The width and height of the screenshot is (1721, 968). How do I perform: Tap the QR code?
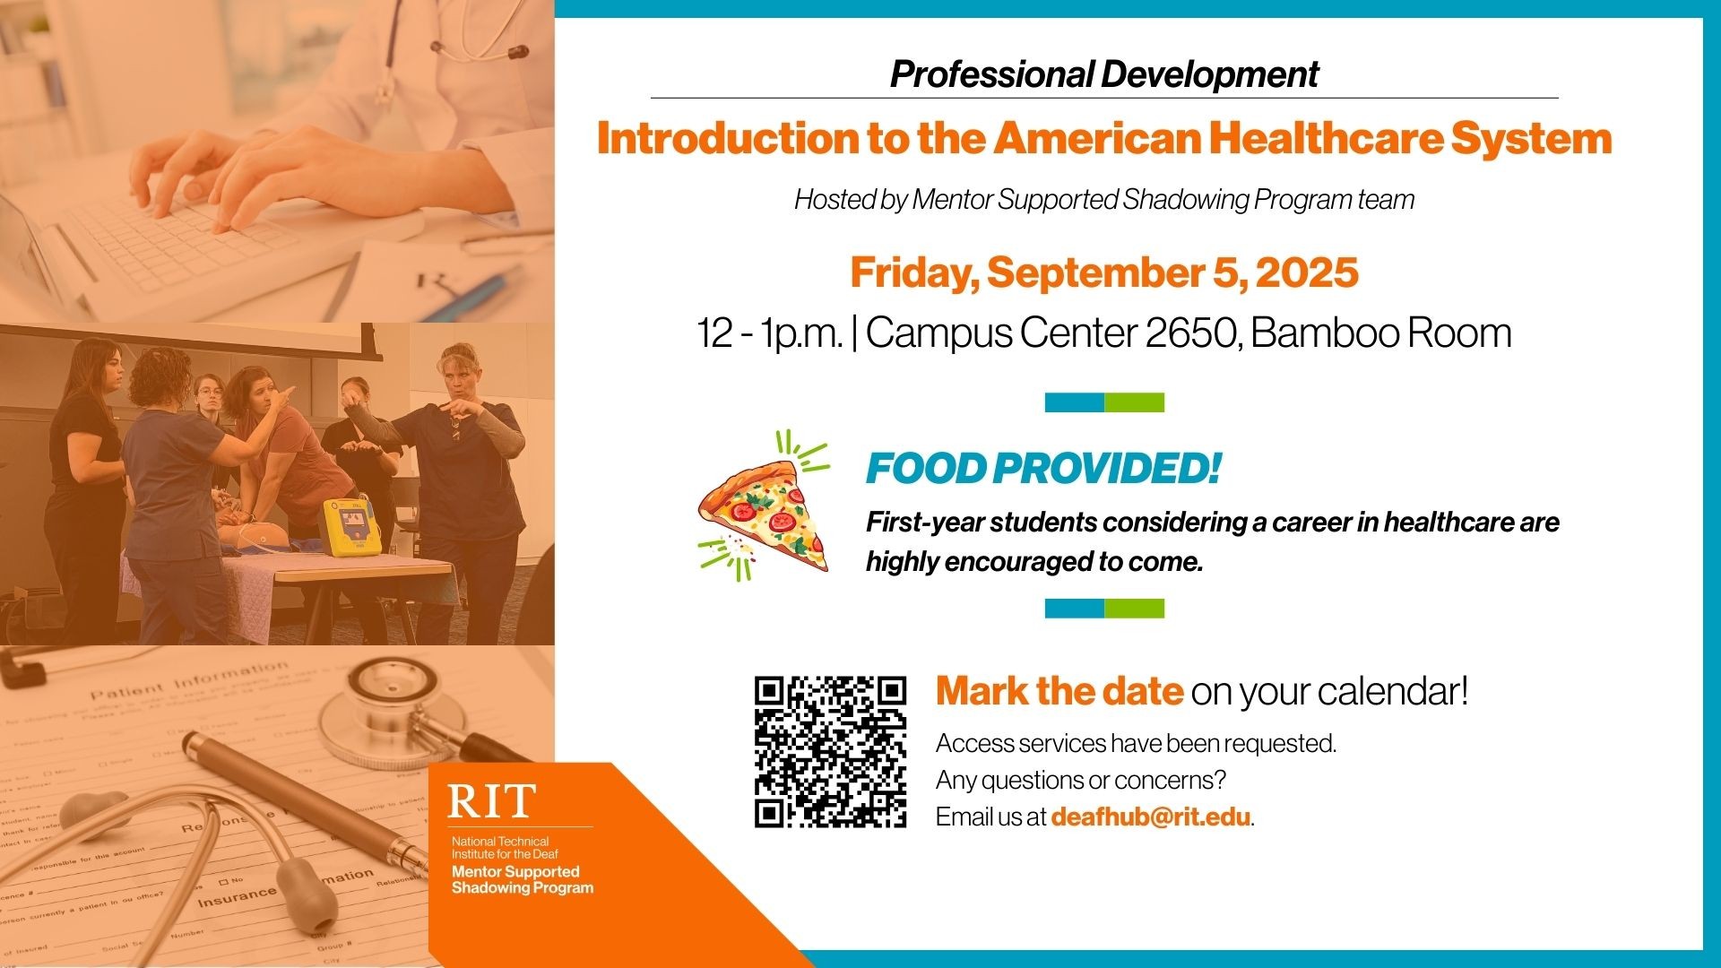830,751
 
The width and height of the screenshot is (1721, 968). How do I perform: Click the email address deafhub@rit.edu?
1150,817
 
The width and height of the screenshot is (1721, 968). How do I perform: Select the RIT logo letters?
491,800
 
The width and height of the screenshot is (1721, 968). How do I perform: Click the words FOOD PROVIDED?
1042,468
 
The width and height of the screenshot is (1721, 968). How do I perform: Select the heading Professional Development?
1103,74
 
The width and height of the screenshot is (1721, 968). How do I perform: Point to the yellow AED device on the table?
350,525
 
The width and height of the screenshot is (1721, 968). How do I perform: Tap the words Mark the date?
1059,691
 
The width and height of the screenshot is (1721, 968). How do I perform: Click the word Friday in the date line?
913,272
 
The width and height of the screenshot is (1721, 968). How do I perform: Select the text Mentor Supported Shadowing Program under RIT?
522,879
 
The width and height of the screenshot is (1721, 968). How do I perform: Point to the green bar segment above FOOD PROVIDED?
1134,402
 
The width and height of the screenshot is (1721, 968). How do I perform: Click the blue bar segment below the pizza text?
1074,609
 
